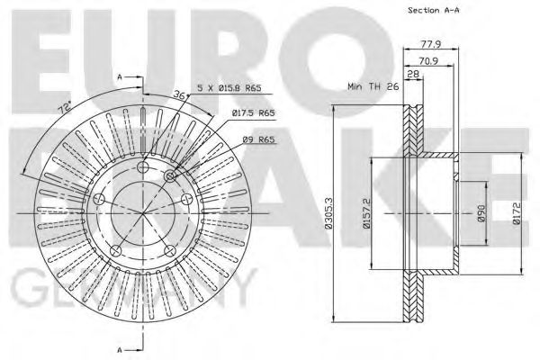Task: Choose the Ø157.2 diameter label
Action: click(367, 214)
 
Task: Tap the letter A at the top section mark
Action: click(120, 79)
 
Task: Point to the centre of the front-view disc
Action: click(142, 213)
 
